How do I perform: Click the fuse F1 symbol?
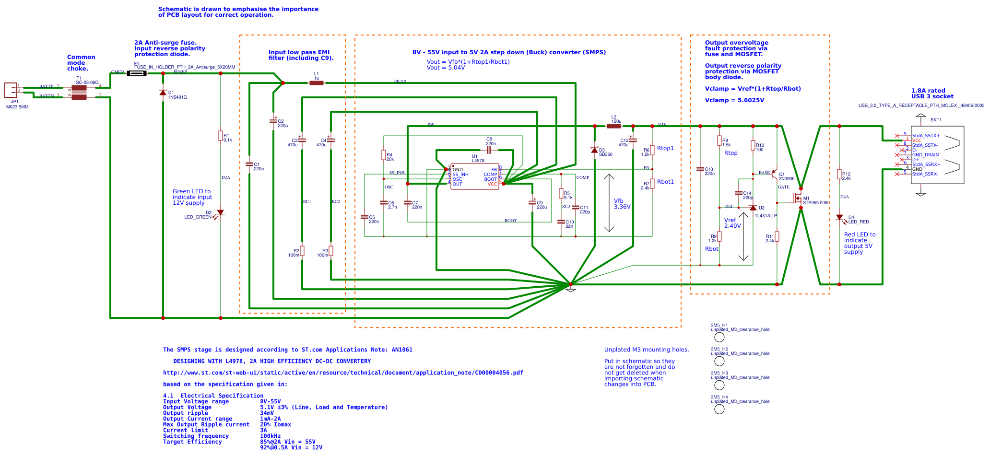[x=137, y=73]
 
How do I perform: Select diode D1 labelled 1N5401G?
[x=163, y=93]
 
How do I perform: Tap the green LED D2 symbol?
[x=220, y=212]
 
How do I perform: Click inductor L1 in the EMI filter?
[x=316, y=83]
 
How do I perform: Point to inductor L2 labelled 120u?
[x=613, y=126]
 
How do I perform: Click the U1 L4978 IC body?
[x=474, y=176]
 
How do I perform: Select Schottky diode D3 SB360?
[x=594, y=150]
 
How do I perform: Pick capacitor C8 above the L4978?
[x=489, y=150]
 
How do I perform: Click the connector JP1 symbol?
[x=11, y=90]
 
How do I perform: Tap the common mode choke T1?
[x=79, y=93]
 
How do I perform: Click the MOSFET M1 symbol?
[x=797, y=198]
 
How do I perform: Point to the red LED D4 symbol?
[x=839, y=218]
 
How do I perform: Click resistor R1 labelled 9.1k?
[x=221, y=136]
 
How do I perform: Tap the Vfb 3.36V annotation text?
[x=622, y=204]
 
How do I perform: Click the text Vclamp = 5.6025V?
[x=734, y=100]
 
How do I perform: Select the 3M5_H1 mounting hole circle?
[x=719, y=337]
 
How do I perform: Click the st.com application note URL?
[x=343, y=373]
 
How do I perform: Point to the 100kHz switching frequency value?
[x=270, y=436]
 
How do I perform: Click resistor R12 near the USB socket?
[x=839, y=174]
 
